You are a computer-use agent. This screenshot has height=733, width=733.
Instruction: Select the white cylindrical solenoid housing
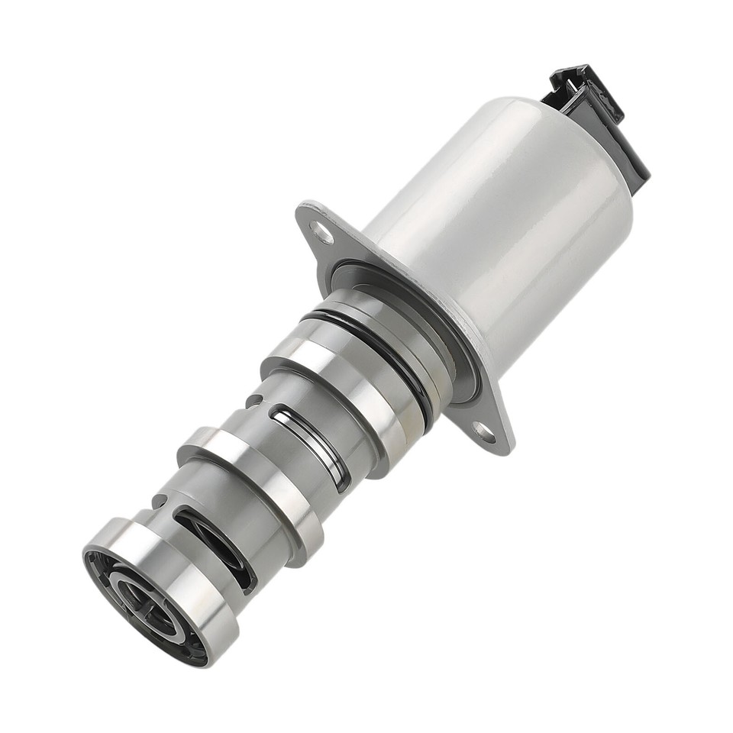click(504, 229)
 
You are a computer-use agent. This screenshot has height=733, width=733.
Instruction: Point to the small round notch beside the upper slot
click(252, 401)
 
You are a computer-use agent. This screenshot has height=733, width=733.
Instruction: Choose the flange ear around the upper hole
click(313, 225)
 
